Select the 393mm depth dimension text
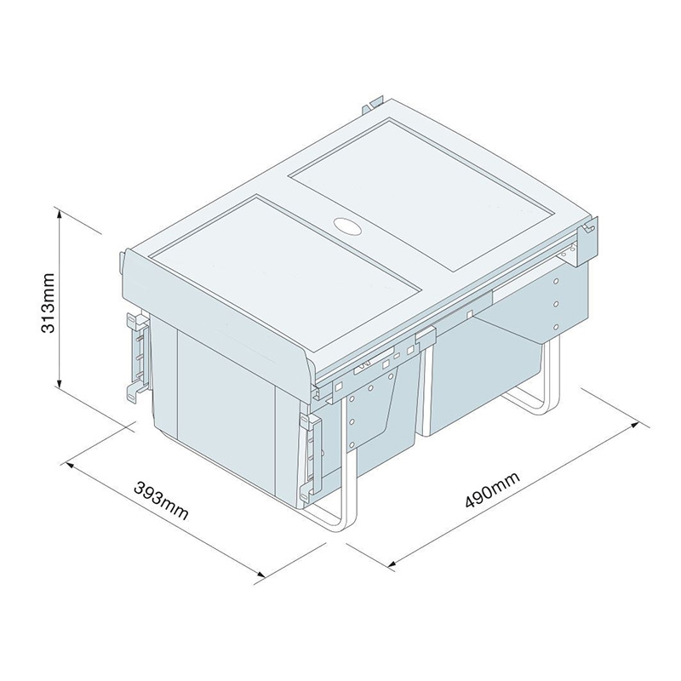pyautogui.click(x=161, y=502)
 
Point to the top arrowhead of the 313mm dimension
pyautogui.click(x=59, y=213)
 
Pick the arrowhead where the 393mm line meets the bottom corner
pyautogui.click(x=260, y=576)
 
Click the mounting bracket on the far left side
pyautogui.click(x=135, y=354)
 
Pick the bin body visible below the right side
pyautogui.click(x=485, y=375)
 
